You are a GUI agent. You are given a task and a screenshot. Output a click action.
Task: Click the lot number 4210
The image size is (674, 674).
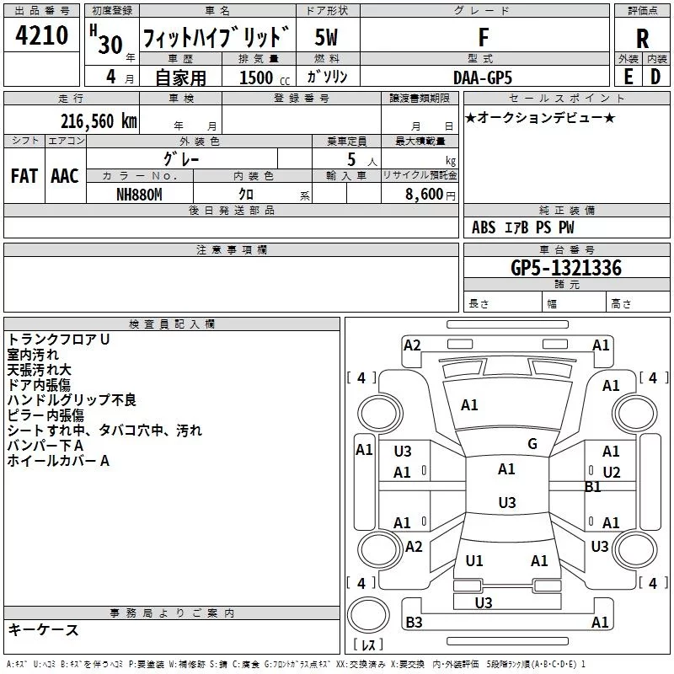[41, 35]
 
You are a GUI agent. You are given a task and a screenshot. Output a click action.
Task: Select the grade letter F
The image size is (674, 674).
[484, 37]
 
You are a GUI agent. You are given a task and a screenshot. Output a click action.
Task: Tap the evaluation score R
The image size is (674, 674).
[642, 39]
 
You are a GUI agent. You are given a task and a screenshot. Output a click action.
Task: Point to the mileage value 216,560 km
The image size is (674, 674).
[99, 121]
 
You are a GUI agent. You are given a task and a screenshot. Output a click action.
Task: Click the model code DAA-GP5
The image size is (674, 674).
[483, 78]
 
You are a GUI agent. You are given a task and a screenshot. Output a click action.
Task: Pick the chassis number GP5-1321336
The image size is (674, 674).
[566, 268]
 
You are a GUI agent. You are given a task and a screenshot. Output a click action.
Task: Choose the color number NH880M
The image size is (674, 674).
[139, 195]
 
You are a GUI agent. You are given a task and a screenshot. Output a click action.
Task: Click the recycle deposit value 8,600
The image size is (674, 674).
[425, 194]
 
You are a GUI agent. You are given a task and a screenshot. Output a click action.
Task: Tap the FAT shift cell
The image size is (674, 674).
[24, 176]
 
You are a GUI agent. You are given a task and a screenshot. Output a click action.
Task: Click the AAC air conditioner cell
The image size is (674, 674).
[65, 176]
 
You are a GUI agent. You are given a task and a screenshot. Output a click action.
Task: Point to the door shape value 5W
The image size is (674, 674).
[326, 37]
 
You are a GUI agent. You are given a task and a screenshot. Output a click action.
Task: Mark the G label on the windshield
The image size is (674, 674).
[532, 444]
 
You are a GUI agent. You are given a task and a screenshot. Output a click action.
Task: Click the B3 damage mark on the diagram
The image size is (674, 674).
[414, 622]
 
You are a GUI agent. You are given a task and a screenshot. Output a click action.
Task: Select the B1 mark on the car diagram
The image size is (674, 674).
[593, 487]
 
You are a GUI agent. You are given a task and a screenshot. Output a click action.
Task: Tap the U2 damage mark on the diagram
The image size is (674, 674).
[612, 473]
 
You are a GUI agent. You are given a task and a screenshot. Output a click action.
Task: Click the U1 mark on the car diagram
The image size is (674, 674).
[474, 560]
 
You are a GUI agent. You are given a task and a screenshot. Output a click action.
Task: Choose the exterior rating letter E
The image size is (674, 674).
[629, 77]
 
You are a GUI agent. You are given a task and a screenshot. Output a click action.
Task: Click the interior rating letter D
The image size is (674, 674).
[655, 77]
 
